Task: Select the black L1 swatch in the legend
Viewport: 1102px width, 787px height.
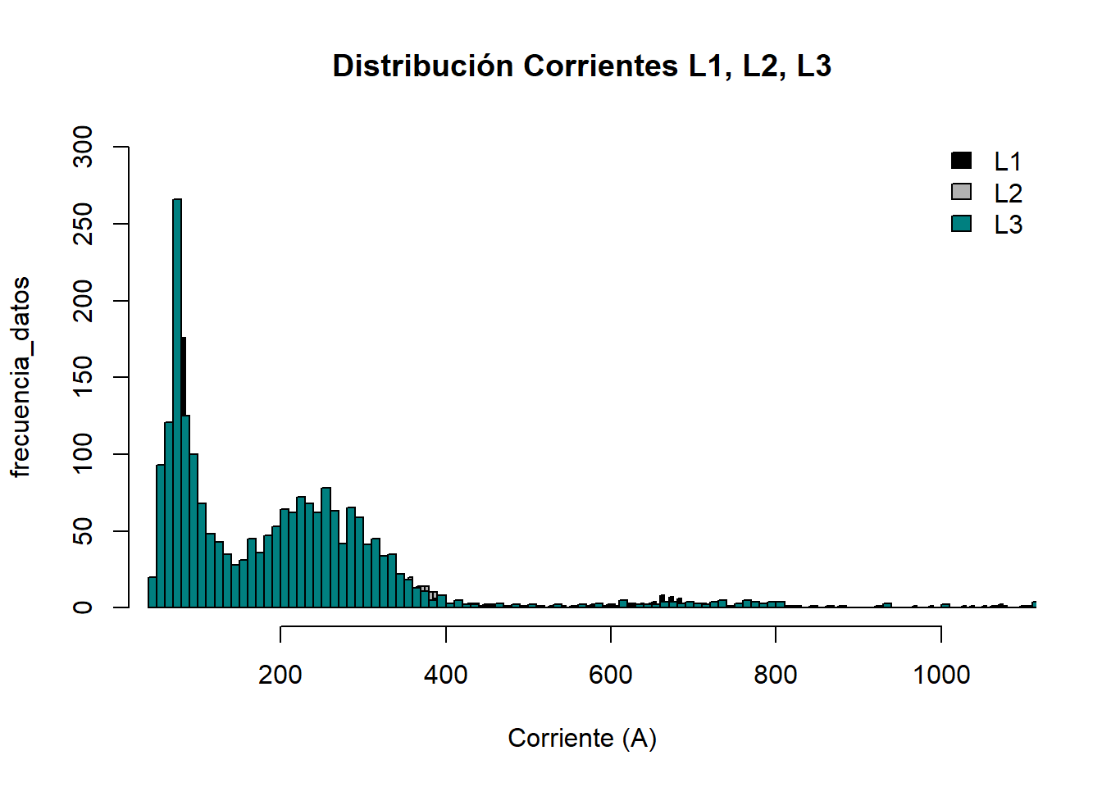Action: (x=961, y=161)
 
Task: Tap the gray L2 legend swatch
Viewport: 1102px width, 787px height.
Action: (x=961, y=192)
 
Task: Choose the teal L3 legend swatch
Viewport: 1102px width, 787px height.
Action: (x=961, y=224)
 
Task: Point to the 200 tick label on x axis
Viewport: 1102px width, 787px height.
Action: (x=280, y=675)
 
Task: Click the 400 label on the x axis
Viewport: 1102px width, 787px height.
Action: (x=445, y=675)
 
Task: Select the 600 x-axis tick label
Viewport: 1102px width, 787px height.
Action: (x=611, y=675)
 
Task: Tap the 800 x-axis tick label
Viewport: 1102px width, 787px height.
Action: (x=776, y=675)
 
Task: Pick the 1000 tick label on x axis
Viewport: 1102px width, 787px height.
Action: (x=941, y=675)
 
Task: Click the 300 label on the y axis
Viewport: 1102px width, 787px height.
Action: (x=83, y=147)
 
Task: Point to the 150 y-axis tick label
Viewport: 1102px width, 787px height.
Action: (x=83, y=377)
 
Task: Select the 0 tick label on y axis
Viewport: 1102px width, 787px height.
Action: (x=83, y=607)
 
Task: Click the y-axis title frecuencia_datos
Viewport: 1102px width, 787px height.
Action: (x=20, y=377)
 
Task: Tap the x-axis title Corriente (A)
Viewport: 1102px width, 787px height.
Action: (x=582, y=738)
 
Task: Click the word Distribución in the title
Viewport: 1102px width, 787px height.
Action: (x=423, y=66)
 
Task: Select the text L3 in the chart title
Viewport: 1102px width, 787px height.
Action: (x=814, y=66)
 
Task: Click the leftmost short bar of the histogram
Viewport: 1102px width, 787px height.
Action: (x=153, y=592)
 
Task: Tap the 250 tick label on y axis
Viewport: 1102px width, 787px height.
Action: (x=83, y=224)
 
